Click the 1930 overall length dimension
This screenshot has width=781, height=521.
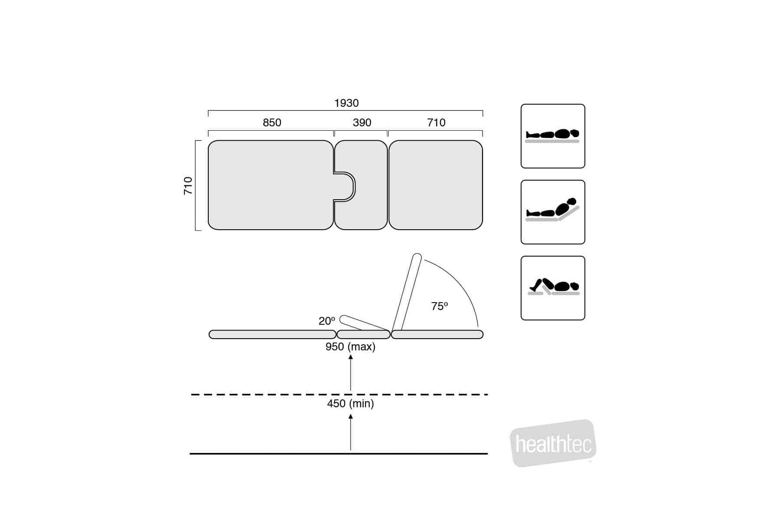coord(346,103)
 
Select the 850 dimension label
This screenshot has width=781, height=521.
coord(272,122)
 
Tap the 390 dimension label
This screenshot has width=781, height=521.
coord(362,122)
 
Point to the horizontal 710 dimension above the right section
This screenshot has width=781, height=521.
coord(436,122)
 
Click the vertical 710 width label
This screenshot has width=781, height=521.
coord(188,185)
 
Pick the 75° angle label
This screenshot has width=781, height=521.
coord(439,306)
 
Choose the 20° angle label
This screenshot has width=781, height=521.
coord(327,321)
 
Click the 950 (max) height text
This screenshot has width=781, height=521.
coord(351,346)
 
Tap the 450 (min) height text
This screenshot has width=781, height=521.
coord(351,403)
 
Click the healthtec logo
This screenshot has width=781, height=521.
coord(553,443)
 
